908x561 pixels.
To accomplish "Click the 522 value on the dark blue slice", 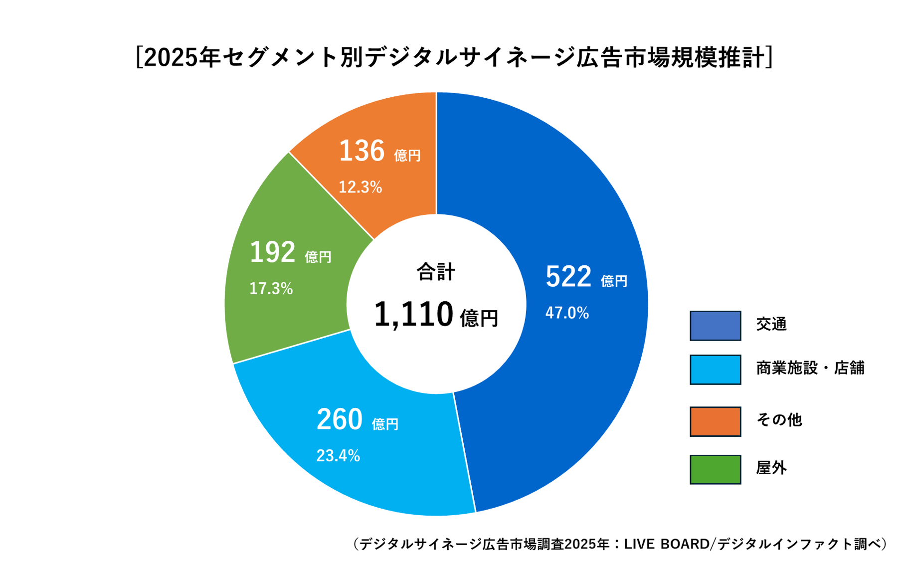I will [x=568, y=277].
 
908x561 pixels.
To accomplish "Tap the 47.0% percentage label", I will [x=567, y=313].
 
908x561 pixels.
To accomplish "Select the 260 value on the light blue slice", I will [x=339, y=419].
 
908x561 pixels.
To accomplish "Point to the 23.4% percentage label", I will [x=338, y=456].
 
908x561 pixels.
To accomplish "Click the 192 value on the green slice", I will [x=272, y=252].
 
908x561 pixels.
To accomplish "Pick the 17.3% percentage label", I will [x=271, y=289].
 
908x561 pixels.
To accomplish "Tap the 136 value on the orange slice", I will [x=362, y=151].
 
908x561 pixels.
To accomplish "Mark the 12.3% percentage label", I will [x=360, y=187].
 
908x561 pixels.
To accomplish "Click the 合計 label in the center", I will [x=436, y=272].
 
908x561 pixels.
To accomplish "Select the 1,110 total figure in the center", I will [x=413, y=315].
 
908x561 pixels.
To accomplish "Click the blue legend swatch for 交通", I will [x=715, y=326].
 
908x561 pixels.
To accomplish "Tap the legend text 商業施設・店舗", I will [x=810, y=368].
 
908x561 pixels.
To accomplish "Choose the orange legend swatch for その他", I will [x=715, y=421].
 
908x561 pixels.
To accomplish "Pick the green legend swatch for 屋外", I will [x=715, y=469].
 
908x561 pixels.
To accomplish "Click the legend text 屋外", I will [x=771, y=468].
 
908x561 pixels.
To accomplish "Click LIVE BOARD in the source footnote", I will [x=666, y=544].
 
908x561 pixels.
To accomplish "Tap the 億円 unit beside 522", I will [x=614, y=282].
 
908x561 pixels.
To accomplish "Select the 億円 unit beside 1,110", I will [x=479, y=319].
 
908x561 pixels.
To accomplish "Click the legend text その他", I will [x=778, y=420].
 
